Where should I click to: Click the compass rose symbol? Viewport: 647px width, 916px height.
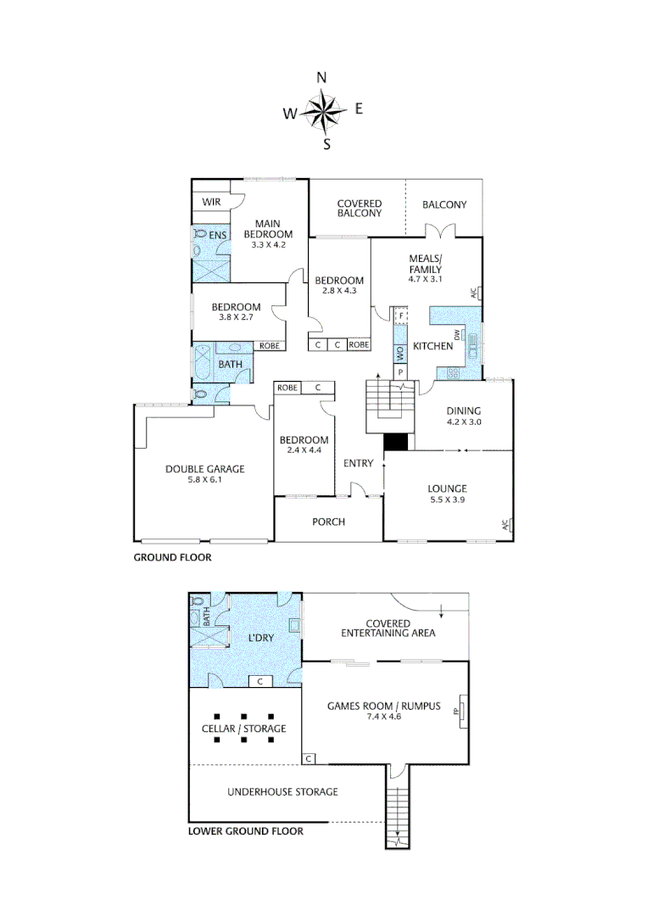pos(322,110)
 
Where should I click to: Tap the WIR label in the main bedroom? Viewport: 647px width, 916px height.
pos(211,203)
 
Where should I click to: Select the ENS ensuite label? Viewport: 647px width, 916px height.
pos(218,234)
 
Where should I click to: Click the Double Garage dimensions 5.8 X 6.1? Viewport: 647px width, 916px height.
pos(204,480)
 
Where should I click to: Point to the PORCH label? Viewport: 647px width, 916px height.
pos(328,522)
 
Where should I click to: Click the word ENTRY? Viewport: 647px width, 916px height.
pos(358,463)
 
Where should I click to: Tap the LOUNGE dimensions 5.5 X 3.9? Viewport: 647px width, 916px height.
pos(447,500)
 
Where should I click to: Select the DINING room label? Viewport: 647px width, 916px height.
pos(463,410)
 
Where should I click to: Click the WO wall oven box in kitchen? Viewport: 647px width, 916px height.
pos(399,352)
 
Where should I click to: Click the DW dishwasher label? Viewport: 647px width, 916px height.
pos(456,335)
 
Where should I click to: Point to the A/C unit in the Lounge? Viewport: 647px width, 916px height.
pos(506,524)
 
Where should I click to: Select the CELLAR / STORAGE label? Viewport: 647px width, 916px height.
pos(243,729)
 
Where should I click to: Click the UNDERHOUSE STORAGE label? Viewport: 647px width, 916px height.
pos(282,791)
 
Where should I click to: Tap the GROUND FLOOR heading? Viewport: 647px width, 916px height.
pos(172,557)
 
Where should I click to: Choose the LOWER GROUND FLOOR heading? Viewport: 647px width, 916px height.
pos(245,831)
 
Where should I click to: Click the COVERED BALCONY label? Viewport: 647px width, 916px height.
pos(360,208)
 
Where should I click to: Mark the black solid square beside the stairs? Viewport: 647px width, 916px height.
pos(396,442)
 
